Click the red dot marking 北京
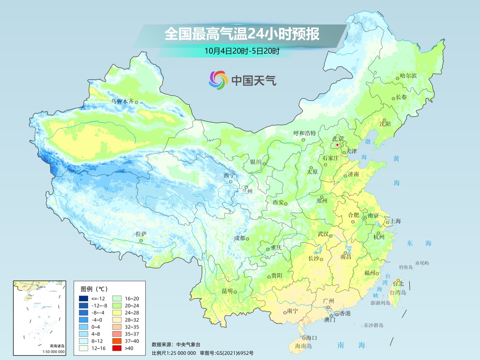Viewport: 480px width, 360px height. tap(337, 145)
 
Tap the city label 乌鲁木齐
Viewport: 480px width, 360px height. tap(122, 101)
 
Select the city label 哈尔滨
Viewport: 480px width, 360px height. tap(408, 76)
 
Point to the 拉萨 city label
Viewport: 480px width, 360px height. tap(141, 234)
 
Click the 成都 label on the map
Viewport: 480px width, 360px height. tap(240, 238)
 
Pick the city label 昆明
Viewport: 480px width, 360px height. tap(227, 291)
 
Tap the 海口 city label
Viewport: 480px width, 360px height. tap(311, 338)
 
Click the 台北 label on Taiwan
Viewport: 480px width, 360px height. tap(399, 284)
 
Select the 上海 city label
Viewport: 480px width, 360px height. tap(395, 221)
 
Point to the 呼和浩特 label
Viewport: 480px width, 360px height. tap(304, 133)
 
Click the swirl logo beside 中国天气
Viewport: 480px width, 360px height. tap(218, 80)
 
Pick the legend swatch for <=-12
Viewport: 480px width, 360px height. tap(84, 298)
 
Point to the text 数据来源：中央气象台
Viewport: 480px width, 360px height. tap(176, 344)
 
